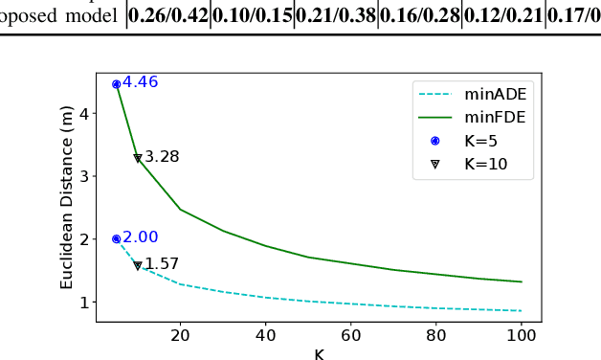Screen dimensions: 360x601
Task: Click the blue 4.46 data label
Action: click(140, 82)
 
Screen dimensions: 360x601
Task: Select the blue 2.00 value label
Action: click(140, 237)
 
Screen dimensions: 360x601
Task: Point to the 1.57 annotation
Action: click(162, 264)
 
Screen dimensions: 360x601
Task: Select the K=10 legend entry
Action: click(489, 163)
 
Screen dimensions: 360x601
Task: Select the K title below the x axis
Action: click(319, 353)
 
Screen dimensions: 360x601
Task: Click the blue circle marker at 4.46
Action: click(117, 84)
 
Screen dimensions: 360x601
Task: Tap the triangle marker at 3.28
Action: click(138, 158)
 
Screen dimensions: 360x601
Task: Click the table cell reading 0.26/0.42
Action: click(168, 16)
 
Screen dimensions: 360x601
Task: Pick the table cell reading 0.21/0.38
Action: click(336, 16)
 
